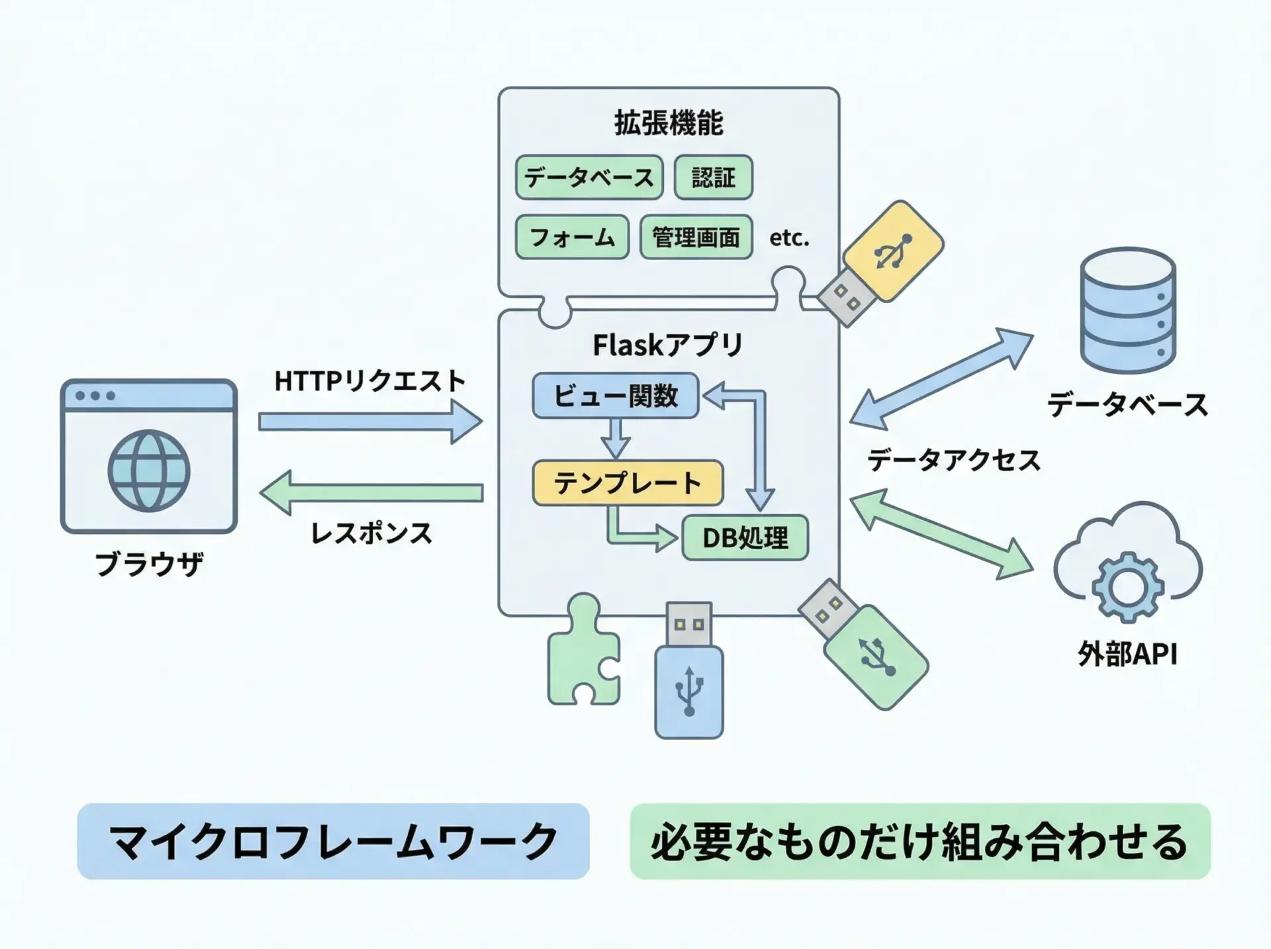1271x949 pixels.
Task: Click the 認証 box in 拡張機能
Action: [x=713, y=177]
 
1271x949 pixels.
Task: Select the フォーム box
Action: [x=572, y=237]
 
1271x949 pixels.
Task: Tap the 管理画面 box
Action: [x=696, y=237]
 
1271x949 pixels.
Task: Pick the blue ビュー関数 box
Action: [x=615, y=396]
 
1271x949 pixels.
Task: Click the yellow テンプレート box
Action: [x=627, y=483]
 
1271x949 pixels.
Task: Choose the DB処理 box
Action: [x=745, y=538]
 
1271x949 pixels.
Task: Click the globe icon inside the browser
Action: [x=149, y=471]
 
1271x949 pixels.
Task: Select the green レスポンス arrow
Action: [x=371, y=493]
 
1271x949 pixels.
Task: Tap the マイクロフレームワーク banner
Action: [x=333, y=841]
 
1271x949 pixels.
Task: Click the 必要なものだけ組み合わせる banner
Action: [x=919, y=841]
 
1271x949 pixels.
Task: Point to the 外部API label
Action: [x=1127, y=655]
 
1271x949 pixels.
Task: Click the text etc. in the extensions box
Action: [x=789, y=238]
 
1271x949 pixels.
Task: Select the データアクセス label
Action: [x=953, y=460]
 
